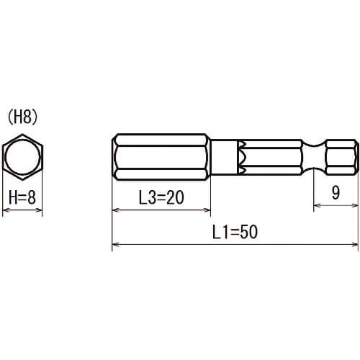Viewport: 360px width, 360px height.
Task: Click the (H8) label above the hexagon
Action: pyautogui.click(x=23, y=118)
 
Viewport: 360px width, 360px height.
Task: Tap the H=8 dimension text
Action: pyautogui.click(x=22, y=197)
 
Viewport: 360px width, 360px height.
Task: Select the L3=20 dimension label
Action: pyautogui.click(x=161, y=197)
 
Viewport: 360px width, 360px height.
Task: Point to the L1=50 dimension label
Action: pyautogui.click(x=235, y=232)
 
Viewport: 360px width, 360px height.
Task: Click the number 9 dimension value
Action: pyautogui.click(x=336, y=192)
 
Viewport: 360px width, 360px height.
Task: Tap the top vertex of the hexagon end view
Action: pyautogui.click(x=22, y=135)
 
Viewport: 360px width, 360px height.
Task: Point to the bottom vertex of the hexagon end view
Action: pyautogui.click(x=22, y=179)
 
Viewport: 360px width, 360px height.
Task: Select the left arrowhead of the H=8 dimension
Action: pyautogui.click(x=5, y=210)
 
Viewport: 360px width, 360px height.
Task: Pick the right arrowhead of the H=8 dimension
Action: pyautogui.click(x=40, y=210)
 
